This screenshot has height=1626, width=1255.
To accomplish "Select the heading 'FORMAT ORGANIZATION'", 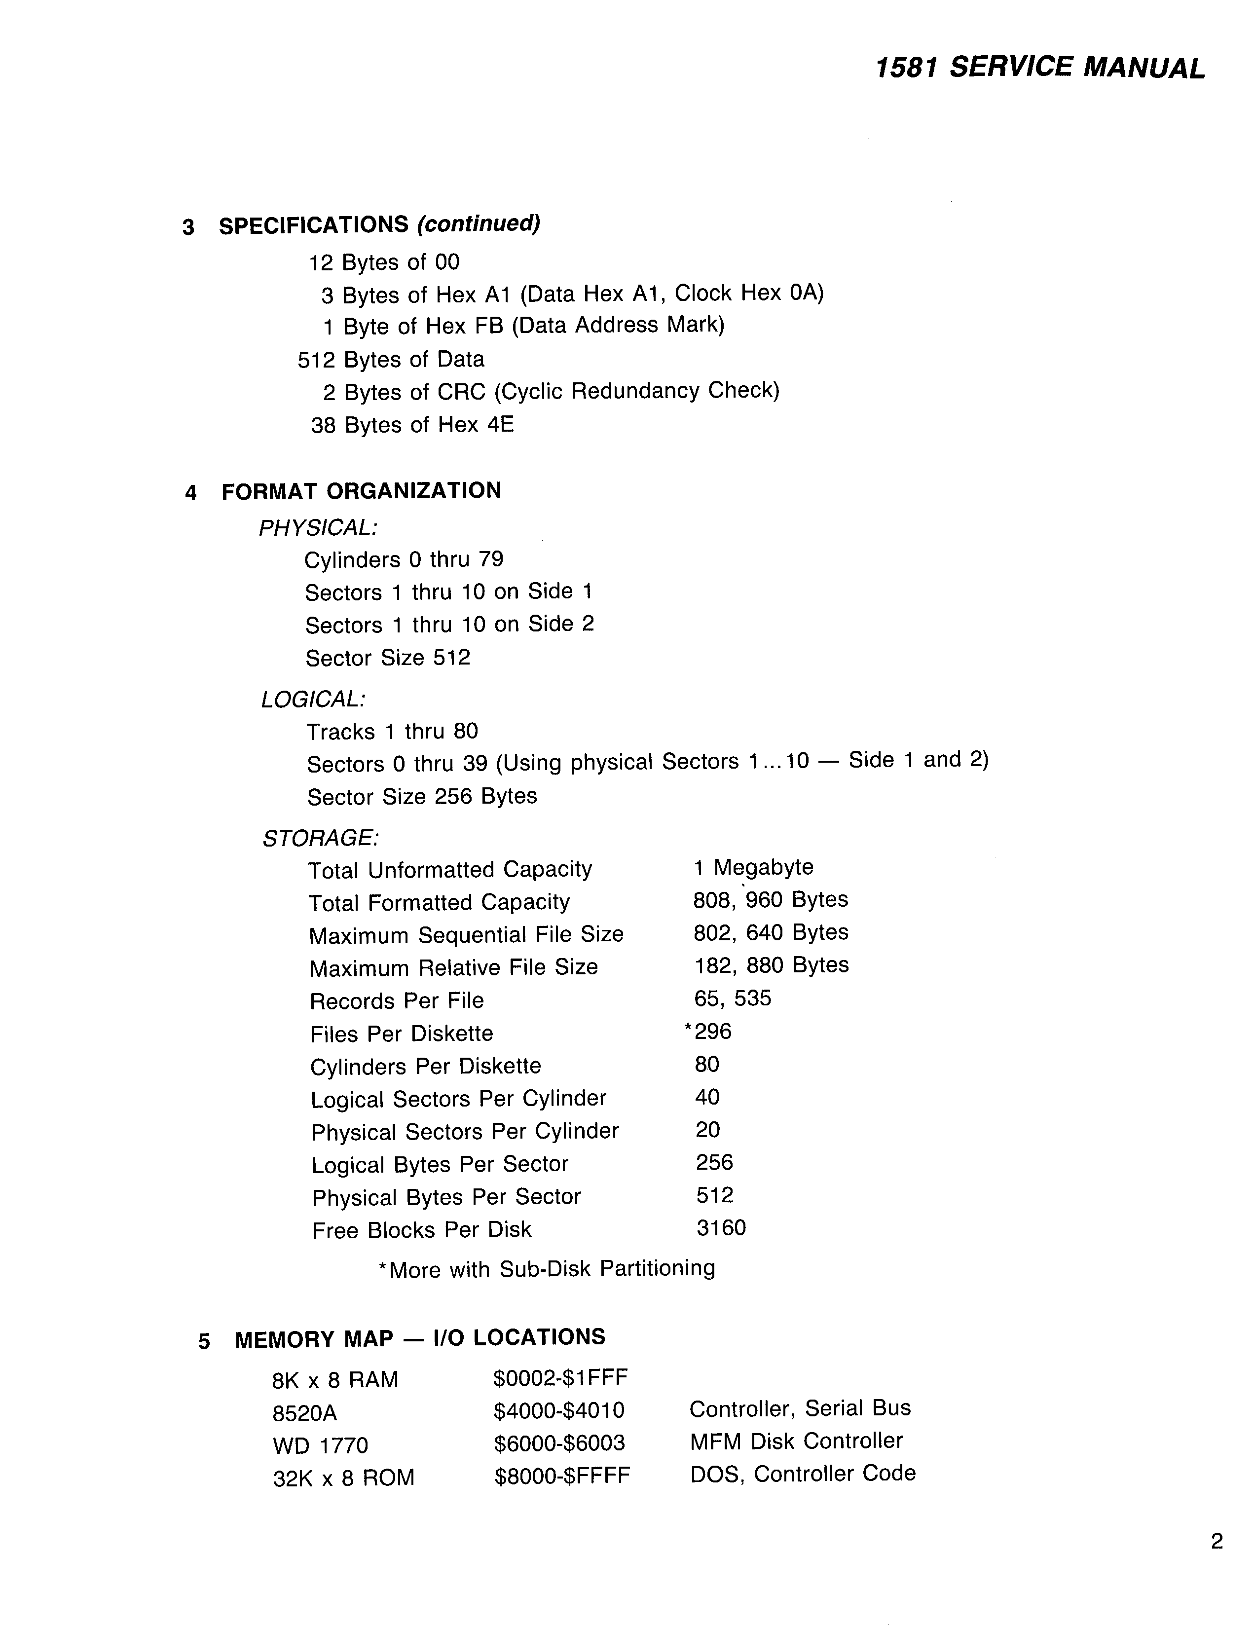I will coord(361,491).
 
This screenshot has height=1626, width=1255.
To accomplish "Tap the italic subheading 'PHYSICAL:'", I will coord(318,528).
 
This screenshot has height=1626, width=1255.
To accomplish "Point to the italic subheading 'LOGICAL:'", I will coord(313,699).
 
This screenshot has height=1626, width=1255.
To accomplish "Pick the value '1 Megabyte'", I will coord(753,867).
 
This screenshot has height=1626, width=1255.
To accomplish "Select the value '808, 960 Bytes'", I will coord(771,900).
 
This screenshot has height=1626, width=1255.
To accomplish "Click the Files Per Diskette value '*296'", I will coord(708,1031).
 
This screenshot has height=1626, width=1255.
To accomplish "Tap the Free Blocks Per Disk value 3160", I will coord(721,1228).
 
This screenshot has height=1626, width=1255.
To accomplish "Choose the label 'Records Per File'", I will coord(397,1000).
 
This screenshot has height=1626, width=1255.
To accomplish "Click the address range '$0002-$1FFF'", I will coord(560,1378).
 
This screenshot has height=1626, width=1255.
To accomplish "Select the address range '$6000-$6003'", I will coord(559,1443).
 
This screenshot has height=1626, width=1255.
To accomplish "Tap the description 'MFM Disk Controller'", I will coord(796,1441).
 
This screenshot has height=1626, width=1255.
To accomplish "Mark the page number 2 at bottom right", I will coord(1217,1542).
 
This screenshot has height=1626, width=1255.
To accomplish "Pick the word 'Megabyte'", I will coord(764,867).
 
